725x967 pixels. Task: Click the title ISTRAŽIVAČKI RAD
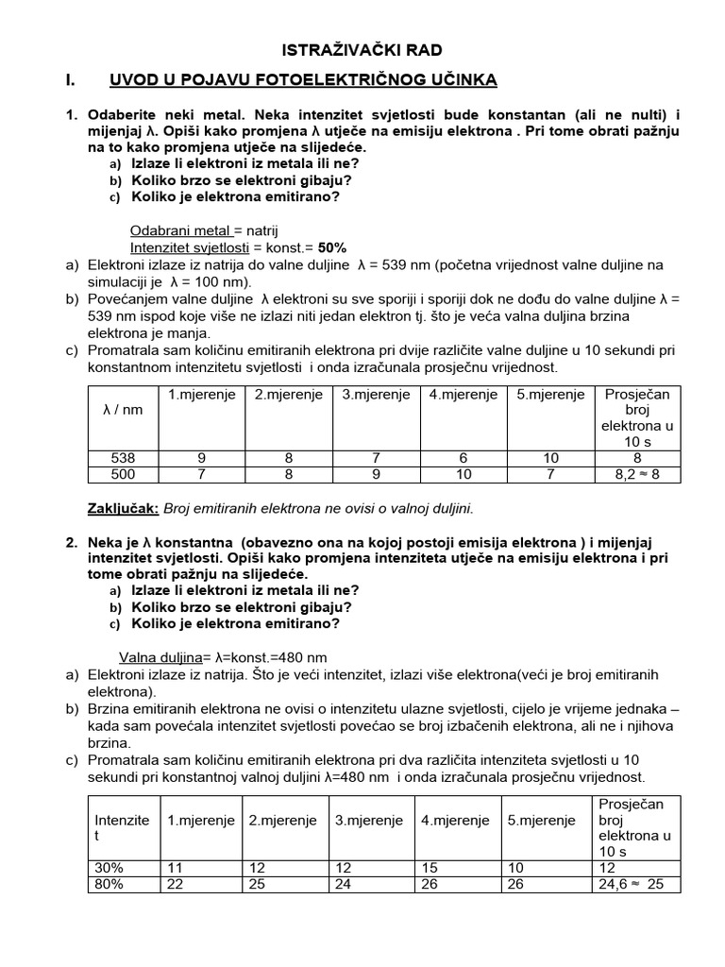tap(362, 50)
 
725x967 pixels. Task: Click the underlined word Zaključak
tap(123, 508)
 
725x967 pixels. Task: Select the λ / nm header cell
tap(122, 411)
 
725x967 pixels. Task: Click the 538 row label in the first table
tap(123, 457)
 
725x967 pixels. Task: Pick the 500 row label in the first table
tap(123, 474)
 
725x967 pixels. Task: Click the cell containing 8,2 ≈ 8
tap(637, 474)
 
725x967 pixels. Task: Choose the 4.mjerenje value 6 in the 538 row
tap(463, 457)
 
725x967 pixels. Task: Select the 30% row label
tap(109, 868)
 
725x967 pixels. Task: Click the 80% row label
tap(109, 885)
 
